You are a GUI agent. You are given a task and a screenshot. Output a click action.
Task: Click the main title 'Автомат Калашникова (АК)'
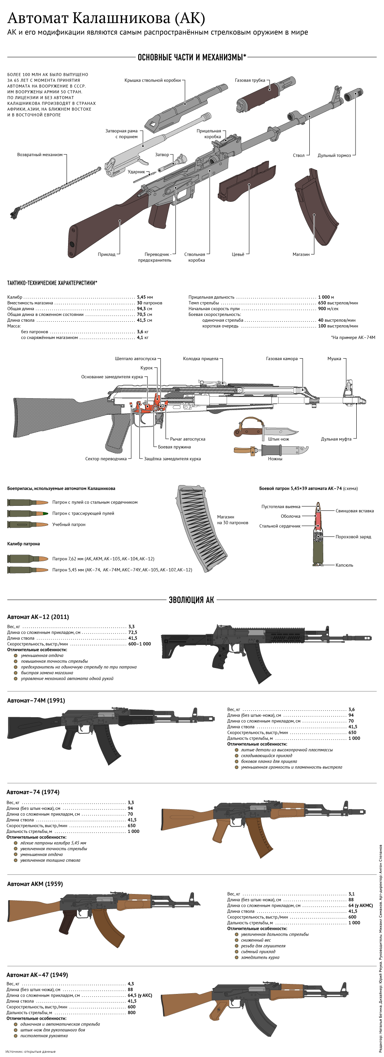tap(106, 18)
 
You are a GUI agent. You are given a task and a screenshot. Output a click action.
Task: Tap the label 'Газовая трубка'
tap(250, 80)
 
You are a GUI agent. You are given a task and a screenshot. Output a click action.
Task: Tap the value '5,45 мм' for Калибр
tap(145, 297)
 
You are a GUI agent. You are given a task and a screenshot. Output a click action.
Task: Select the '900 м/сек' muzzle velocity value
tap(328, 309)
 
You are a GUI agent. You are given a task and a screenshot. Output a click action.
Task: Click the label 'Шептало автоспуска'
tap(135, 359)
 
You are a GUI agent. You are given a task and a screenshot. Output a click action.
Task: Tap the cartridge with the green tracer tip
tap(28, 514)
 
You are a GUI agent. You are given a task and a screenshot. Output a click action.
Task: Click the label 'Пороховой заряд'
tap(353, 537)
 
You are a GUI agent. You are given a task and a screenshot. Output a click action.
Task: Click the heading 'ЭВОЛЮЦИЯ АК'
tap(191, 600)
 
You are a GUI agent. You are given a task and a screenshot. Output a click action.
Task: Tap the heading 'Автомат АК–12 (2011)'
tap(38, 617)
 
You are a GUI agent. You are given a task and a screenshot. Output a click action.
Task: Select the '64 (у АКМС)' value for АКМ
tap(360, 906)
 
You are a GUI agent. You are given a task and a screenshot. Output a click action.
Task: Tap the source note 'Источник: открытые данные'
tap(30, 1052)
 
